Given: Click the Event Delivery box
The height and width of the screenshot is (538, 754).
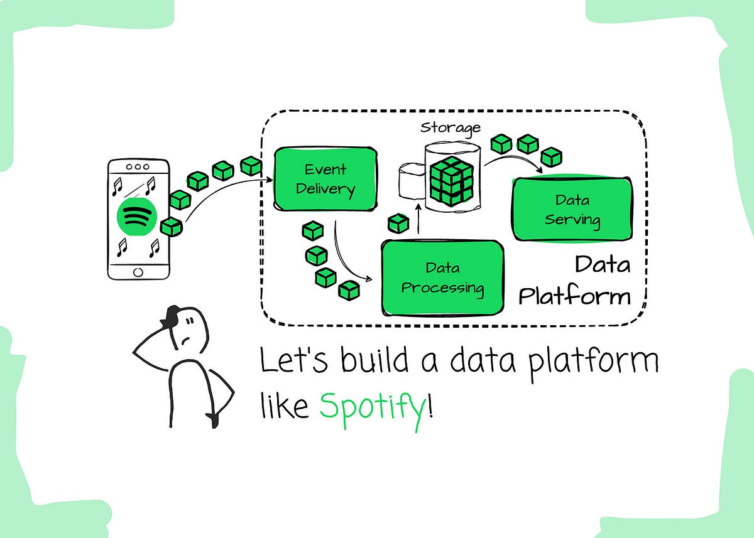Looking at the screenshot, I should click(325, 179).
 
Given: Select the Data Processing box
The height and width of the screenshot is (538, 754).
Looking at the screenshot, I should click(443, 278).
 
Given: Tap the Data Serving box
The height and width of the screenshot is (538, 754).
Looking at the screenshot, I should click(572, 210).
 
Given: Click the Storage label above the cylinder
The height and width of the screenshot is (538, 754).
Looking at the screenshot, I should click(450, 127).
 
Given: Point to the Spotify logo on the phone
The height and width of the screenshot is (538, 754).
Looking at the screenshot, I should click(138, 216).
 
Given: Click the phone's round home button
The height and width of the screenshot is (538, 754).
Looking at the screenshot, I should click(138, 271).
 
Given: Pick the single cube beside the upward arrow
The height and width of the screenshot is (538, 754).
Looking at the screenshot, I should click(398, 223).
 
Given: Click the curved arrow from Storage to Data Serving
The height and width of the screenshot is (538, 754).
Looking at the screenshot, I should click(512, 160).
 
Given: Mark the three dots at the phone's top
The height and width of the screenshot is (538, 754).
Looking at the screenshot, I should click(138, 168).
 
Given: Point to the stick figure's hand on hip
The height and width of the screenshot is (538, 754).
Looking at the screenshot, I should click(215, 417).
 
